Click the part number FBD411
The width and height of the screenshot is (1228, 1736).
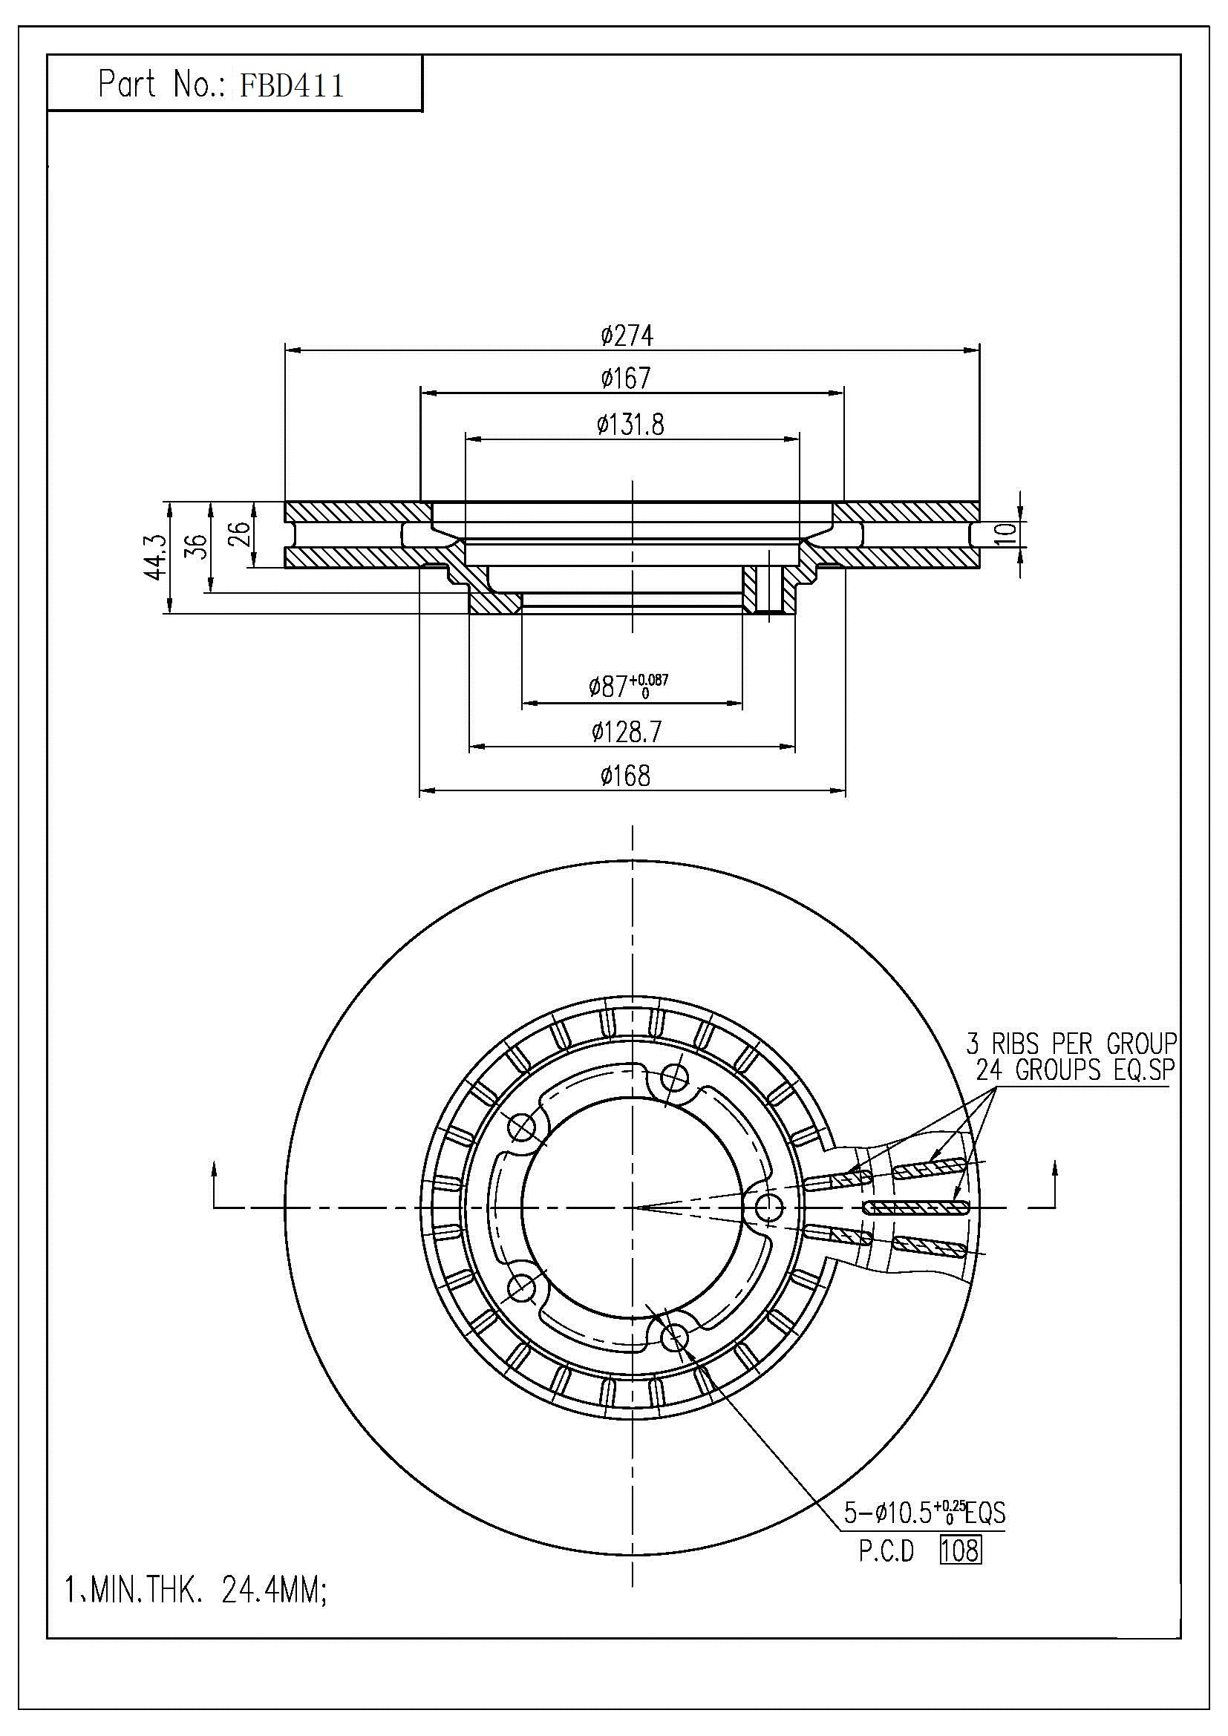click(x=292, y=85)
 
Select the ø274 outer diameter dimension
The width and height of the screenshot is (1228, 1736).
click(x=627, y=335)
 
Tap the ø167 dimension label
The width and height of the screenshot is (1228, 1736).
click(x=626, y=378)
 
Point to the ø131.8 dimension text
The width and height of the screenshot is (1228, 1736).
click(x=630, y=425)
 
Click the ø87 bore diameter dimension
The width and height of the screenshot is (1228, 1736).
click(x=628, y=685)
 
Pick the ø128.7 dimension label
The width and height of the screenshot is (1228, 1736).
click(x=627, y=731)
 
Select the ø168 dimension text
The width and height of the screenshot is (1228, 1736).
click(x=626, y=775)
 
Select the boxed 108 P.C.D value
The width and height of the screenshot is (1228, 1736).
click(x=959, y=1550)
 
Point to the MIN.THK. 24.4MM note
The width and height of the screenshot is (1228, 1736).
click(x=197, y=1593)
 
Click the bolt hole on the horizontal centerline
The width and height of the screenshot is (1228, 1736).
click(x=768, y=1208)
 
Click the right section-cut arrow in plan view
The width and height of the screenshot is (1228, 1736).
click(x=1055, y=1187)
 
